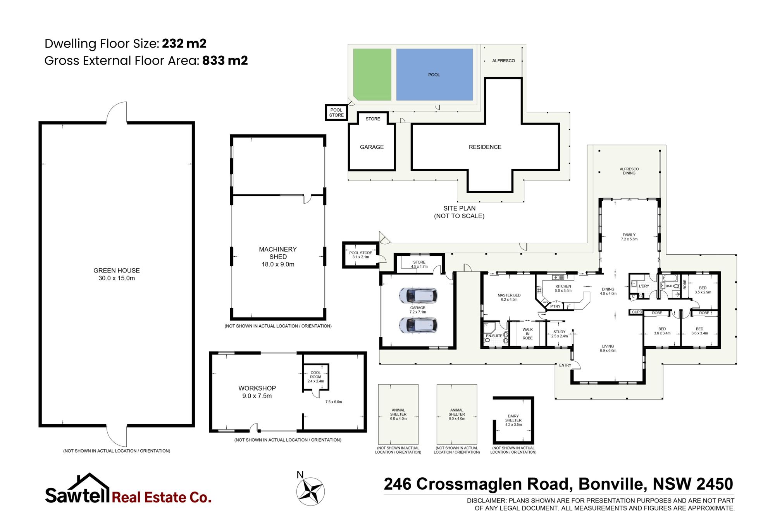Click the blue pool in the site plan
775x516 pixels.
coord(434,74)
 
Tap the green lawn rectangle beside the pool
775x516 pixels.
coord(372,74)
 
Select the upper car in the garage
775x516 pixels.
coord(418,295)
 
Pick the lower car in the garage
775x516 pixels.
coord(418,325)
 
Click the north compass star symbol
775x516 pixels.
coord(311,492)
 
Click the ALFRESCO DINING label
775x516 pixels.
coord(629,171)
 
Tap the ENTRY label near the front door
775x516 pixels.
coord(565,365)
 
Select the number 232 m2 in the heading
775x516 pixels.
coord(184,43)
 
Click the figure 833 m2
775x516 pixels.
coord(225,60)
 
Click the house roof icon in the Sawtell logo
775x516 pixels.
coord(89,482)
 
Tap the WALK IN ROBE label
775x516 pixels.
coord(527,334)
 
